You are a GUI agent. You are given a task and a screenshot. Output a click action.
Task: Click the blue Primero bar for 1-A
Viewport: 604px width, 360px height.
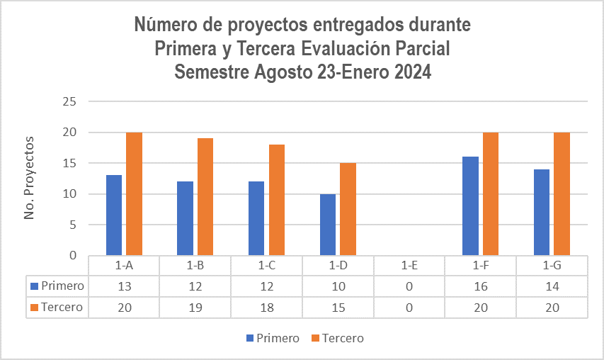click(x=114, y=215)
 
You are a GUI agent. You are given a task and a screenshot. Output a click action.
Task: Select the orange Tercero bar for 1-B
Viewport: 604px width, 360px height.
click(x=205, y=196)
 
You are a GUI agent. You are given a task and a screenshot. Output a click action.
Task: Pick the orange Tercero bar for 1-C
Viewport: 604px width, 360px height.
click(x=277, y=199)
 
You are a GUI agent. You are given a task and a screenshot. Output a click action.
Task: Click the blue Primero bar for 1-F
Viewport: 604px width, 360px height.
click(x=470, y=206)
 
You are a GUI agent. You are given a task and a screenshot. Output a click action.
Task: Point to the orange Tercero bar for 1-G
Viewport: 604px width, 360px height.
click(x=562, y=193)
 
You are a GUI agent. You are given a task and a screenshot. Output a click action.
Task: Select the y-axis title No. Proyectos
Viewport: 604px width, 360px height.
click(x=30, y=178)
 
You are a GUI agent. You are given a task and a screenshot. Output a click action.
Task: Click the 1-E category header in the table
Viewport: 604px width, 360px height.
click(x=409, y=266)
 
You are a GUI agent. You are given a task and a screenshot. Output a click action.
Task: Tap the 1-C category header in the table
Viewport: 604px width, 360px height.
click(x=266, y=266)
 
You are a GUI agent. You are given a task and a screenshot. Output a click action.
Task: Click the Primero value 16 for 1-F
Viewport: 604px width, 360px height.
click(x=480, y=286)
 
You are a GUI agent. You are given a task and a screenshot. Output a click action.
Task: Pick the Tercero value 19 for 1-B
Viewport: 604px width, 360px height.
click(x=195, y=308)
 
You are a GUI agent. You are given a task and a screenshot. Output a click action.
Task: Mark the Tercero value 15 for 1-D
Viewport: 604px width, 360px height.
click(x=337, y=308)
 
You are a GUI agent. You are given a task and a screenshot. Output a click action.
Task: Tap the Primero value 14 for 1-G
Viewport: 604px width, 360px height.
click(x=552, y=286)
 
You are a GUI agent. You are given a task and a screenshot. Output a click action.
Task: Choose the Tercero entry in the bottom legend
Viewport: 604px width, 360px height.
click(x=342, y=338)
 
